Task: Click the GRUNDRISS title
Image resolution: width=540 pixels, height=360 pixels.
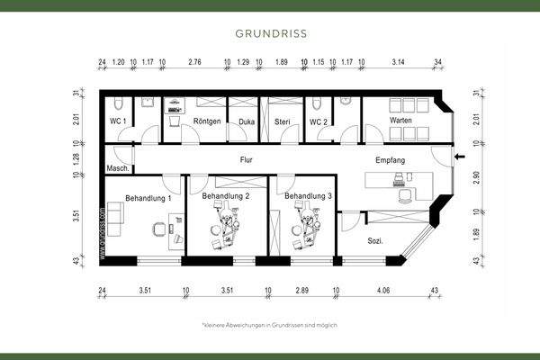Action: click(270, 34)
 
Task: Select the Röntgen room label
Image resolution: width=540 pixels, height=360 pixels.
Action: click(207, 120)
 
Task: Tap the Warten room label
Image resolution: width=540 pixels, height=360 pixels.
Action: click(400, 120)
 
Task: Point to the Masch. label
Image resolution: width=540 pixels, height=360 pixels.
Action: click(119, 168)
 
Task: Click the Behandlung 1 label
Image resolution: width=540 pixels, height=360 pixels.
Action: click(148, 197)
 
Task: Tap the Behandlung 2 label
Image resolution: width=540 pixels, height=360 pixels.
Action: click(226, 195)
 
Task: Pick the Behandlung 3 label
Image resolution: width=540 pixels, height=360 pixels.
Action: click(309, 195)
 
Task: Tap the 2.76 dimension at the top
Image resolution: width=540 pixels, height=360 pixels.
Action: click(194, 64)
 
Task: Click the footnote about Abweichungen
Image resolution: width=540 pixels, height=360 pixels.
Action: click(270, 324)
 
